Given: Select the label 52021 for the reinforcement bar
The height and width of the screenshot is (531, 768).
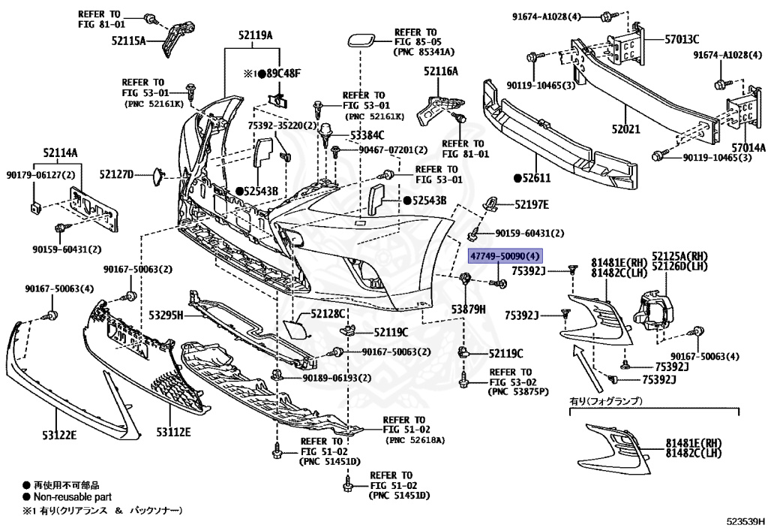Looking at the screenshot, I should [x=625, y=129].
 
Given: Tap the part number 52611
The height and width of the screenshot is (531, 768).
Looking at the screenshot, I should [x=536, y=178].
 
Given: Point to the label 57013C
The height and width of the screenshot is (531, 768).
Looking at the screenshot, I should [x=682, y=38].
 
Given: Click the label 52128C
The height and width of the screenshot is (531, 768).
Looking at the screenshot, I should [x=330, y=314].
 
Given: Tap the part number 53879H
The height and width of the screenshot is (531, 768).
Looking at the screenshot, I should [x=469, y=309].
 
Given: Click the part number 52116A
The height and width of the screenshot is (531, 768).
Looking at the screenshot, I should [x=440, y=71].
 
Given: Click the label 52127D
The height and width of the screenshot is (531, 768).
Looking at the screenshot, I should [x=116, y=174].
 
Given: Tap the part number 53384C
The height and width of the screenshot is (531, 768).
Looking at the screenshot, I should [x=367, y=135].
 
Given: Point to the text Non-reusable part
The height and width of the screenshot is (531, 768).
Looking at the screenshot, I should [x=72, y=497].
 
